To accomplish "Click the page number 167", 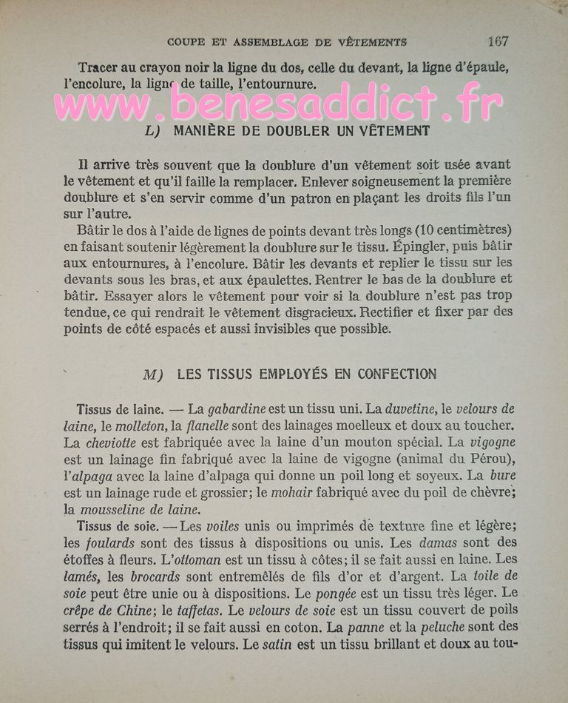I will [497, 41].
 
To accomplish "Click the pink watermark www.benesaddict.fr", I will [277, 104].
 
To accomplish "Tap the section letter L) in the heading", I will [154, 131].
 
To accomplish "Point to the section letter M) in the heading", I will [153, 374].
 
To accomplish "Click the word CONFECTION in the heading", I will [396, 374].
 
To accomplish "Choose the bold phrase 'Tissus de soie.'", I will [115, 527].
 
